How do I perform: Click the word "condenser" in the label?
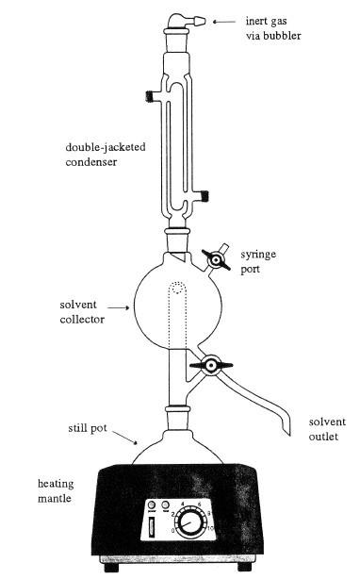point(93,162)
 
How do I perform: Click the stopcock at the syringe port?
point(216,258)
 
